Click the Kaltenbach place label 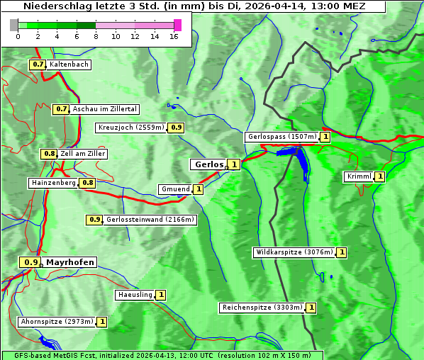(69, 64)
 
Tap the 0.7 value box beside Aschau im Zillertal (61, 109)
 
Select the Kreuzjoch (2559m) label (131, 128)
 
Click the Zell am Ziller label (83, 154)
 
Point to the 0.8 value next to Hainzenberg (87, 183)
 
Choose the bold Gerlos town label (208, 164)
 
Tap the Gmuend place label (174, 189)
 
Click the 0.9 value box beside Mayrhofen (30, 262)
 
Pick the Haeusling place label (134, 295)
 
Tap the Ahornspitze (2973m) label (57, 322)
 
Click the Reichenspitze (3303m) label (262, 308)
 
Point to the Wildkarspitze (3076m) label (294, 252)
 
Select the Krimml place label (359, 176)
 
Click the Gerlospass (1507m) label (281, 137)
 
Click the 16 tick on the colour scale (174, 36)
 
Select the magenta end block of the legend (177, 25)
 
